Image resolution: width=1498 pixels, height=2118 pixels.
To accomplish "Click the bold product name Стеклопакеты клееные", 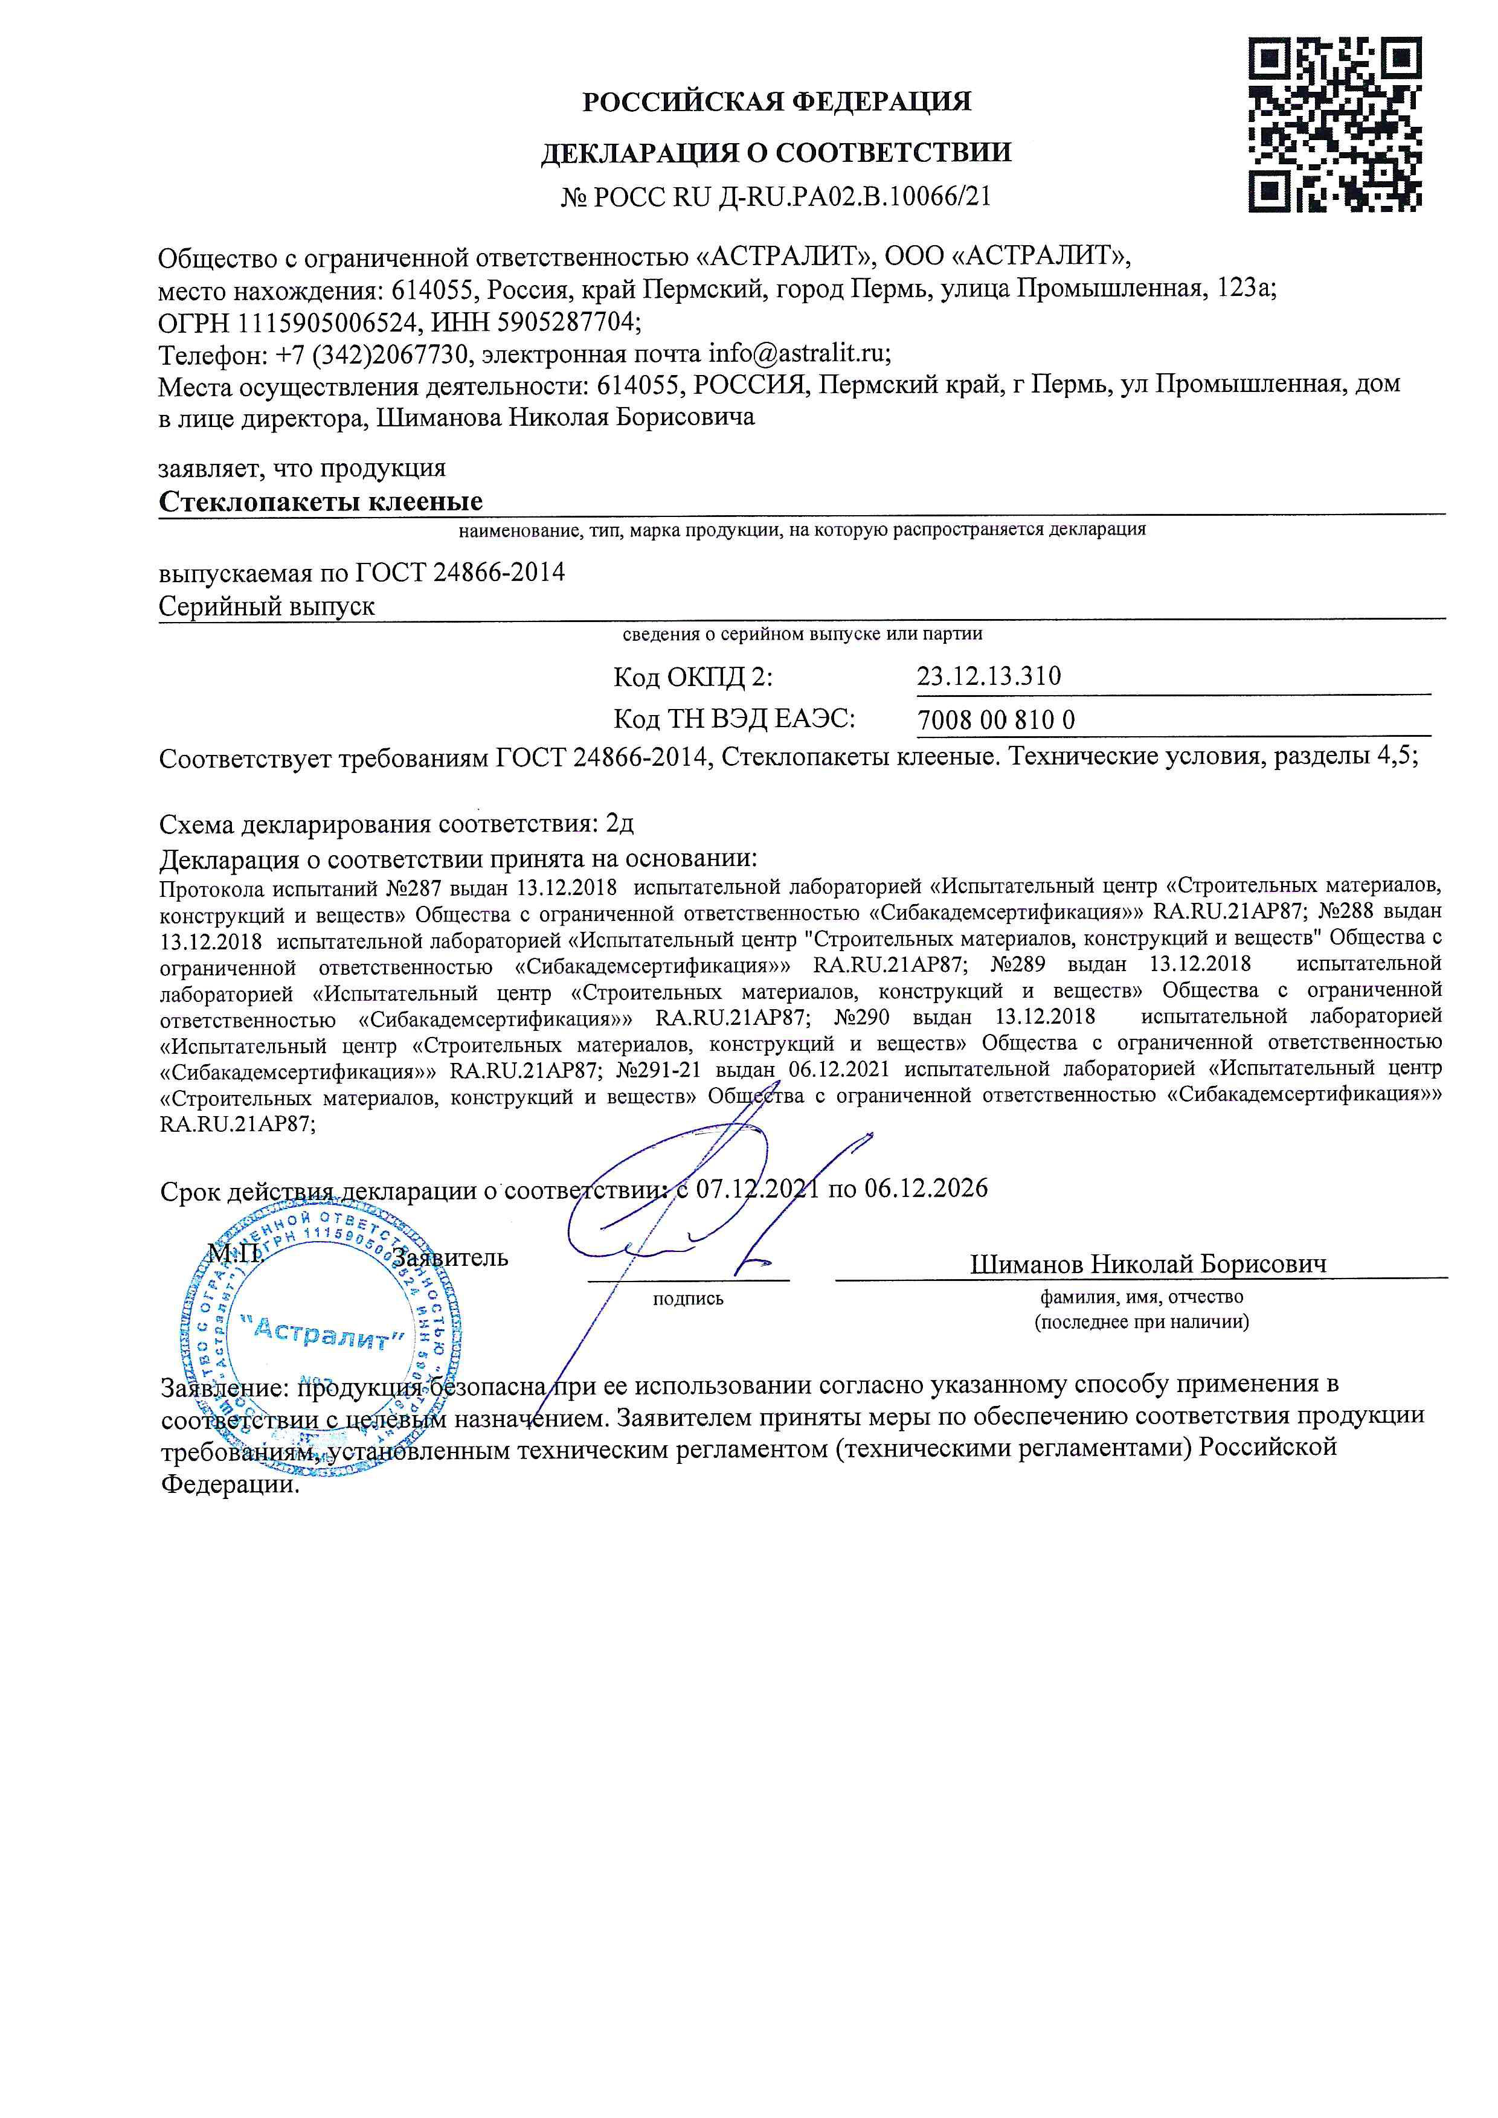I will [x=321, y=501].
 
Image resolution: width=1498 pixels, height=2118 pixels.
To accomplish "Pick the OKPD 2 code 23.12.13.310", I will [x=989, y=676].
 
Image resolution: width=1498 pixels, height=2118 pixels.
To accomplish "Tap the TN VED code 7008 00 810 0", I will [x=996, y=719].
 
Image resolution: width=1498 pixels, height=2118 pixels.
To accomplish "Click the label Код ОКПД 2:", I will [x=693, y=677].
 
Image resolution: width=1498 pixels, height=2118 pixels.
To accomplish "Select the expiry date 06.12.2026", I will [x=925, y=1188].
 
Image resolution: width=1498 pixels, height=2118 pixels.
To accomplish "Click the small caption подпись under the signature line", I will [x=688, y=1299].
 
